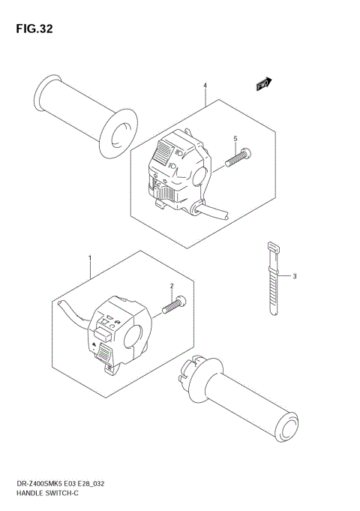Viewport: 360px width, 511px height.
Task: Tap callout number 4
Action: [205, 86]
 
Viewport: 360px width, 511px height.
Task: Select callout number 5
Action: [235, 139]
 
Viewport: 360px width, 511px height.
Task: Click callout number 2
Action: [172, 286]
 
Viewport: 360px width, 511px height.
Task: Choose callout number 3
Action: [295, 276]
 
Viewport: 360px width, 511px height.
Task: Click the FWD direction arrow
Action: [263, 84]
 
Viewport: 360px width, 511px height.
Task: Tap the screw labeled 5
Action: [238, 158]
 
